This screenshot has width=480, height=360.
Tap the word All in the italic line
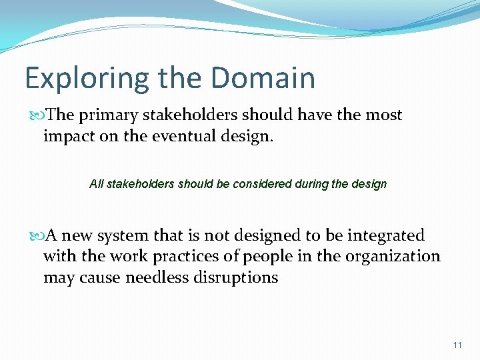tap(96, 184)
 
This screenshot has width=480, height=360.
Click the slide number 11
tap(457, 345)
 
